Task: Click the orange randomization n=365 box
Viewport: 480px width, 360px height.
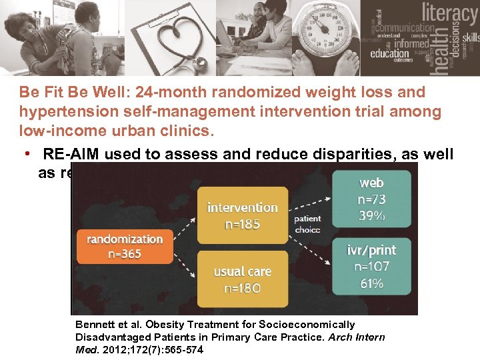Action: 125,246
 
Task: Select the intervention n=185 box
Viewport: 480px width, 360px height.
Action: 242,215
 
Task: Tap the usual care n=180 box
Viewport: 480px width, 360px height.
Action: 242,279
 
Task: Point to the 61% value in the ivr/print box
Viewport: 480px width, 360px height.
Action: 371,283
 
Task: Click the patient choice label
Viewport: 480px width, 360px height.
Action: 307,224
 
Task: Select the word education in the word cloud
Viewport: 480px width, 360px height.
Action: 390,54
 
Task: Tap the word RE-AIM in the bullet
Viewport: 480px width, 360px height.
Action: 69,155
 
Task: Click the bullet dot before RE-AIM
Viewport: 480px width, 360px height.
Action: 27,155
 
